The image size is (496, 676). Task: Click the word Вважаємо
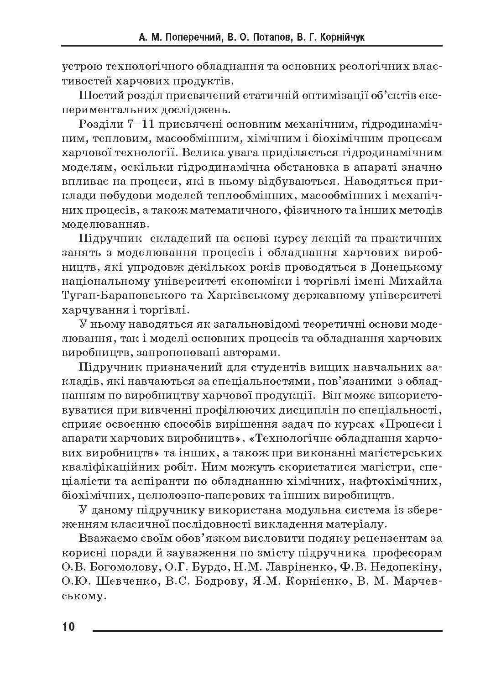[x=105, y=538]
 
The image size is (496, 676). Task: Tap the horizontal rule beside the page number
[x=267, y=631]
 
